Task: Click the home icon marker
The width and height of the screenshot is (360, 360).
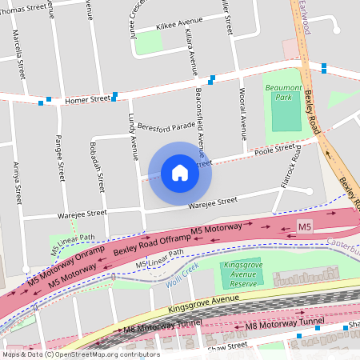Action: click(180, 173)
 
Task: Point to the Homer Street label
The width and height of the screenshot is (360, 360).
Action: click(87, 100)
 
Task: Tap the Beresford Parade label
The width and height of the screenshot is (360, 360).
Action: click(166, 126)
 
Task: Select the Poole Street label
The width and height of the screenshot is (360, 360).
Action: click(274, 150)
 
